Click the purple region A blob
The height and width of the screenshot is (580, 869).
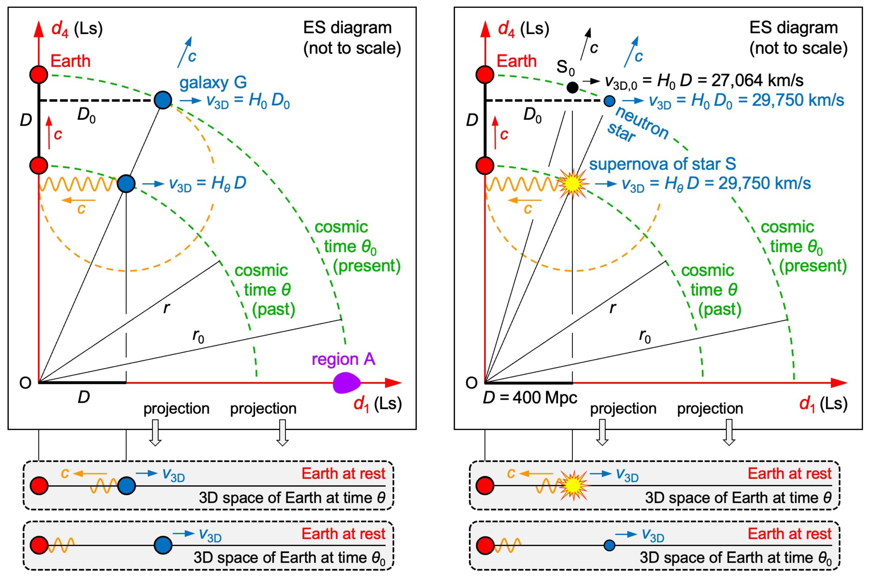[347, 383]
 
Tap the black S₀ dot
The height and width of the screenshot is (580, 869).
[572, 87]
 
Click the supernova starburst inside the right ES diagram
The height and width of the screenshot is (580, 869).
[572, 184]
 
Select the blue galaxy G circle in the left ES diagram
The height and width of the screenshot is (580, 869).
[163, 100]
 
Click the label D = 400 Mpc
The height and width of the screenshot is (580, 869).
[530, 398]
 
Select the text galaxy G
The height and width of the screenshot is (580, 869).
[213, 82]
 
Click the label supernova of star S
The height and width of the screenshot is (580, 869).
[662, 164]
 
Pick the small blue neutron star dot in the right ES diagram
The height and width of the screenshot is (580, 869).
[609, 100]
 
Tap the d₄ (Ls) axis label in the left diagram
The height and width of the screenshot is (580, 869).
[77, 29]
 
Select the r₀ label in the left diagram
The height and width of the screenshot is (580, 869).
[198, 336]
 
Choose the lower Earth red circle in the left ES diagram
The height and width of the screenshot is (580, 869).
[38, 165]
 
